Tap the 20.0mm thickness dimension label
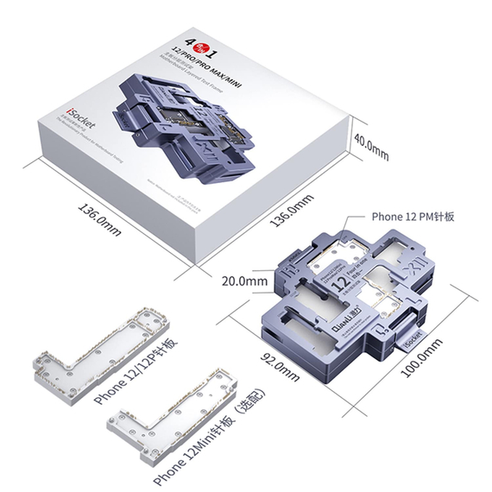(244, 281)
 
